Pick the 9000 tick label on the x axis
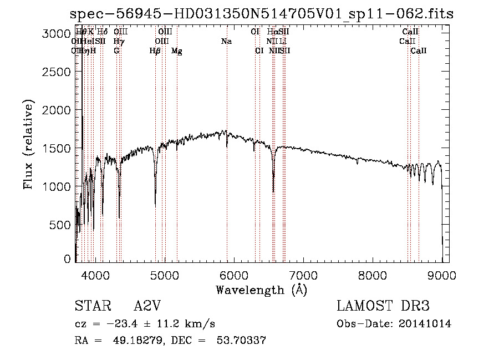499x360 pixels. click(x=442, y=275)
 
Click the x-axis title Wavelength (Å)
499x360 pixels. click(x=261, y=290)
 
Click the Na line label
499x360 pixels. click(x=226, y=42)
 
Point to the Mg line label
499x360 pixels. click(x=177, y=51)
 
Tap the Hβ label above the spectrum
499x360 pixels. click(x=155, y=51)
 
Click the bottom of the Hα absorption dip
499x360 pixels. click(x=273, y=192)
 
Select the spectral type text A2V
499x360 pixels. click(x=149, y=306)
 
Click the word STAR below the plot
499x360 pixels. click(x=91, y=306)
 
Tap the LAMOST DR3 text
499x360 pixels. click(x=383, y=306)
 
